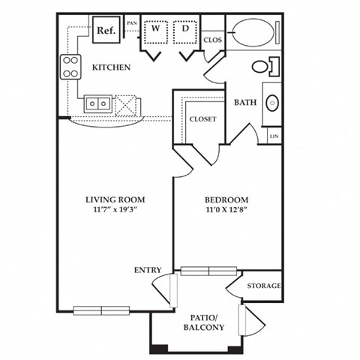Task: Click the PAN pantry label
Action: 132,23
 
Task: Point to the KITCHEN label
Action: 112,67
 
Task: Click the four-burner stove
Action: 70,67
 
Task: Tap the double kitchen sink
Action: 99,103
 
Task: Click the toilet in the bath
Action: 262,66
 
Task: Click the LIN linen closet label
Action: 274,136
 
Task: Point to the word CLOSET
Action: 202,118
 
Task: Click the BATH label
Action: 247,102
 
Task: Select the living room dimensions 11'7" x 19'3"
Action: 115,211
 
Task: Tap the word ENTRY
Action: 148,269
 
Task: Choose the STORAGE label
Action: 265,286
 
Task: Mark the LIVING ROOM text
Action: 115,199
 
